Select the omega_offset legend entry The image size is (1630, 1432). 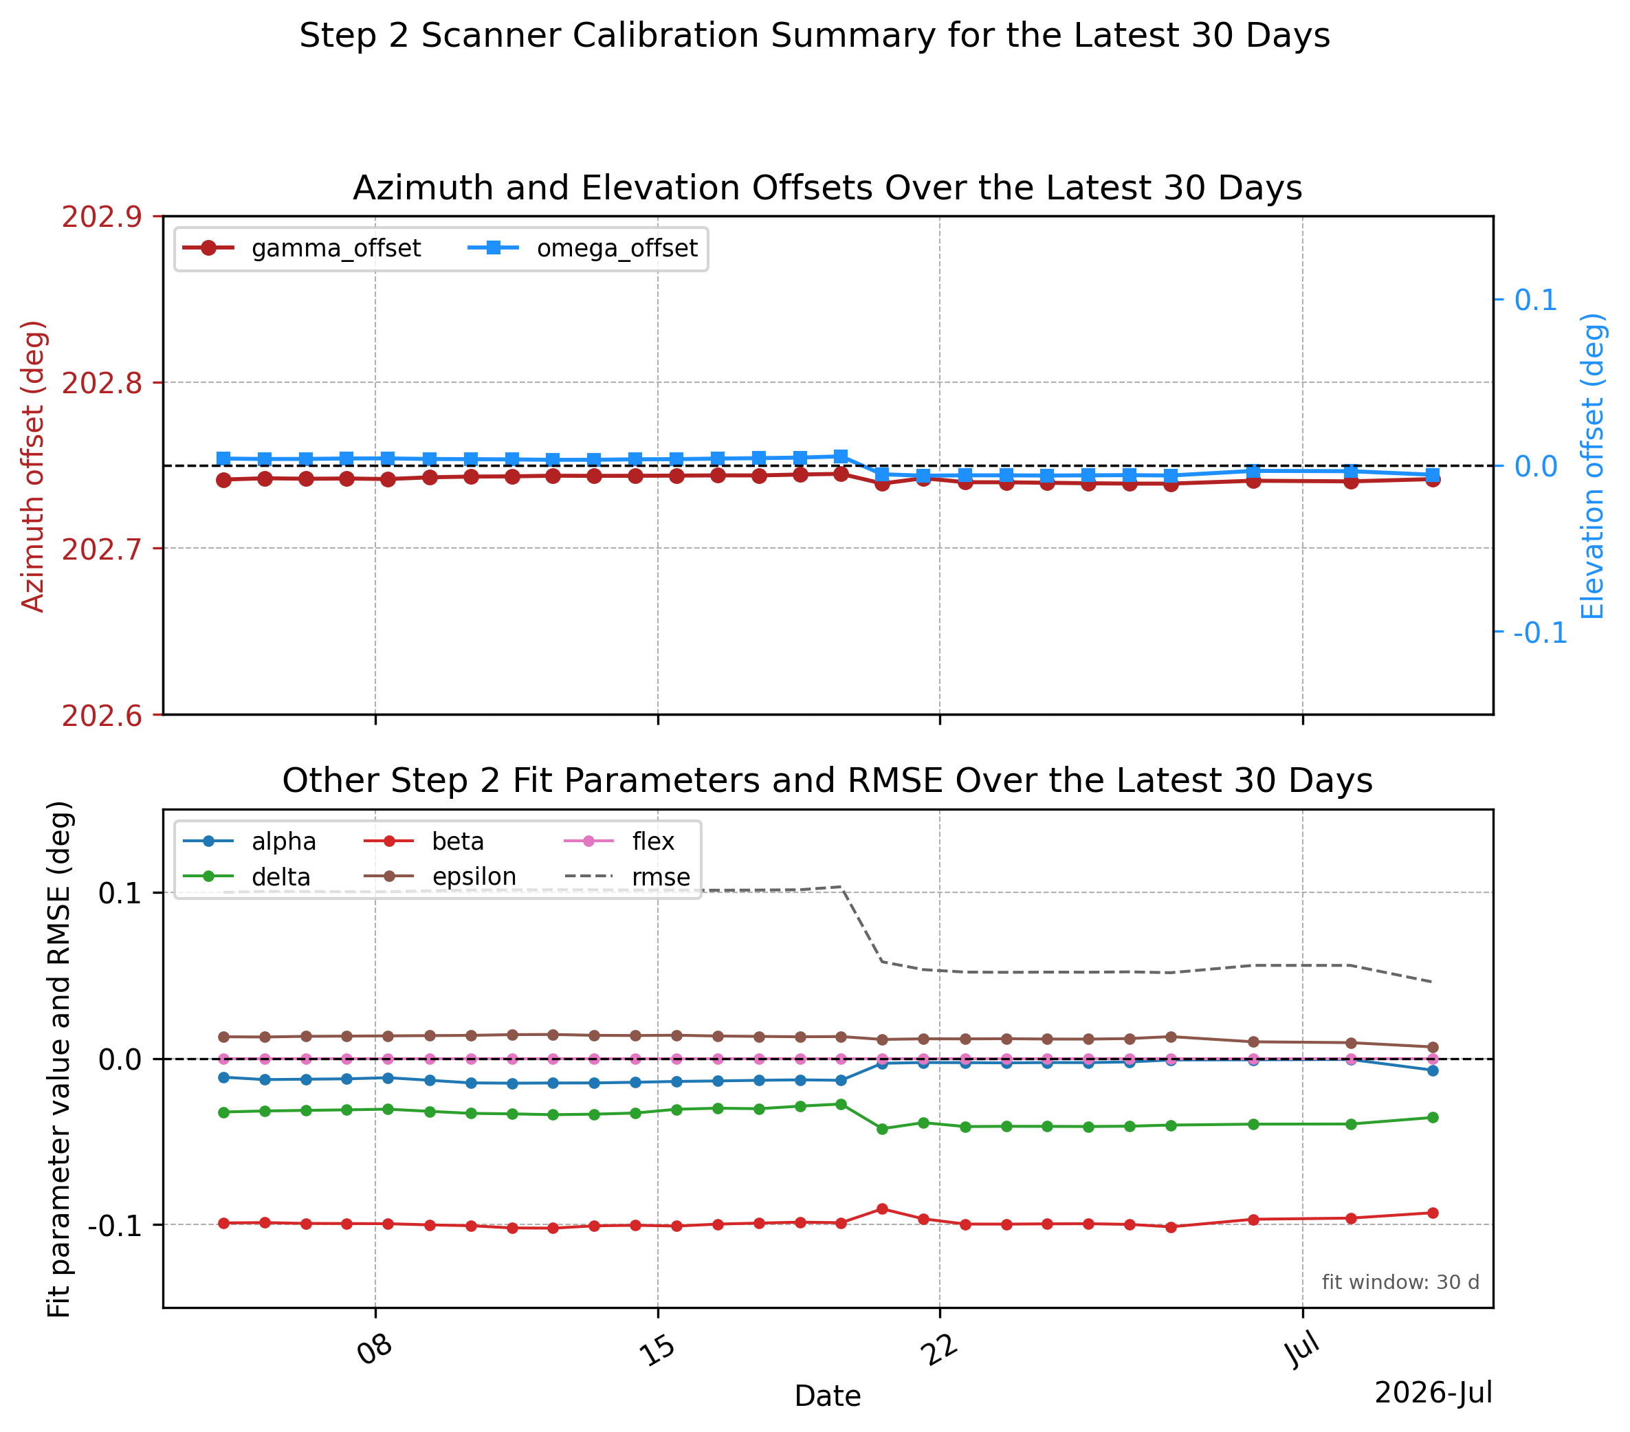click(x=582, y=248)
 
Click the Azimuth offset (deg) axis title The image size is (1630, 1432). click(x=33, y=465)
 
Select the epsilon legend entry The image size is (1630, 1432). click(x=440, y=877)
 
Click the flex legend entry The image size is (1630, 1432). click(x=619, y=841)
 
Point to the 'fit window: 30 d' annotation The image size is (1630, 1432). click(x=1400, y=1282)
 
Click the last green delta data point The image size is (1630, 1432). click(x=1433, y=1117)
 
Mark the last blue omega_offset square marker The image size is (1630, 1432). click(x=1433, y=474)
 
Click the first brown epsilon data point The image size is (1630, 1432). click(x=224, y=1037)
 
